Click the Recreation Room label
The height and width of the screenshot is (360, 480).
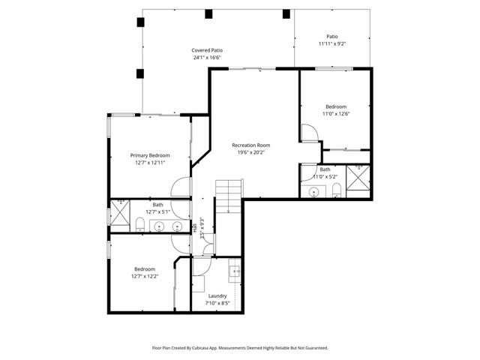tap(250, 145)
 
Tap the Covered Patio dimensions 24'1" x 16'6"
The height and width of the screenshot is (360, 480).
tap(206, 58)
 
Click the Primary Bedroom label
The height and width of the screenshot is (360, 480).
tap(149, 154)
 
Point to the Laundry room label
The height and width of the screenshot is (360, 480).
tap(219, 295)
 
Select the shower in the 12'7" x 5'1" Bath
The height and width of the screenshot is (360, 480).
tap(118, 212)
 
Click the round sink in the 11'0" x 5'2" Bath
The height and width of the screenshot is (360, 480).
tap(313, 192)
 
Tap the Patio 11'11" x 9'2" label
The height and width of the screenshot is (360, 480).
tap(331, 40)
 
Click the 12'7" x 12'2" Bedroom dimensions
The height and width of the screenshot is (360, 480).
tap(145, 276)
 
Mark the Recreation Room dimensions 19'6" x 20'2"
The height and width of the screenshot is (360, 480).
tap(250, 152)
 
